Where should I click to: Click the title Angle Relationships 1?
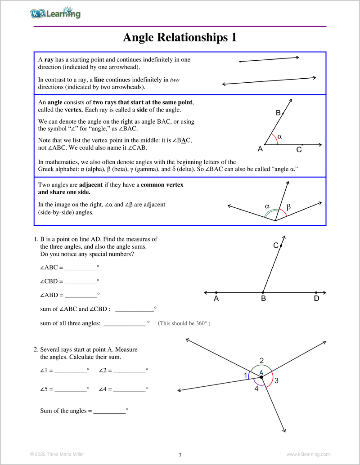(180, 37)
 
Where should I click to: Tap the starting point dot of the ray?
(240, 62)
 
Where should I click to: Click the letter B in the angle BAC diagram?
(278, 113)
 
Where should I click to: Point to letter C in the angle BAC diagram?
(299, 150)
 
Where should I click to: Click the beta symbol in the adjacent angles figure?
(288, 207)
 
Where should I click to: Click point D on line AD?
(316, 292)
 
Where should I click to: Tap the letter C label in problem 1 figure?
(276, 246)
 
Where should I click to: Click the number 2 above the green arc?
(261, 360)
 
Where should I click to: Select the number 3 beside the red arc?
(276, 381)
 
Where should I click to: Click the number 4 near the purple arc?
(256, 389)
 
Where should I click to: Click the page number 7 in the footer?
(180, 455)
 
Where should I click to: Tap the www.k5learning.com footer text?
(308, 454)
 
